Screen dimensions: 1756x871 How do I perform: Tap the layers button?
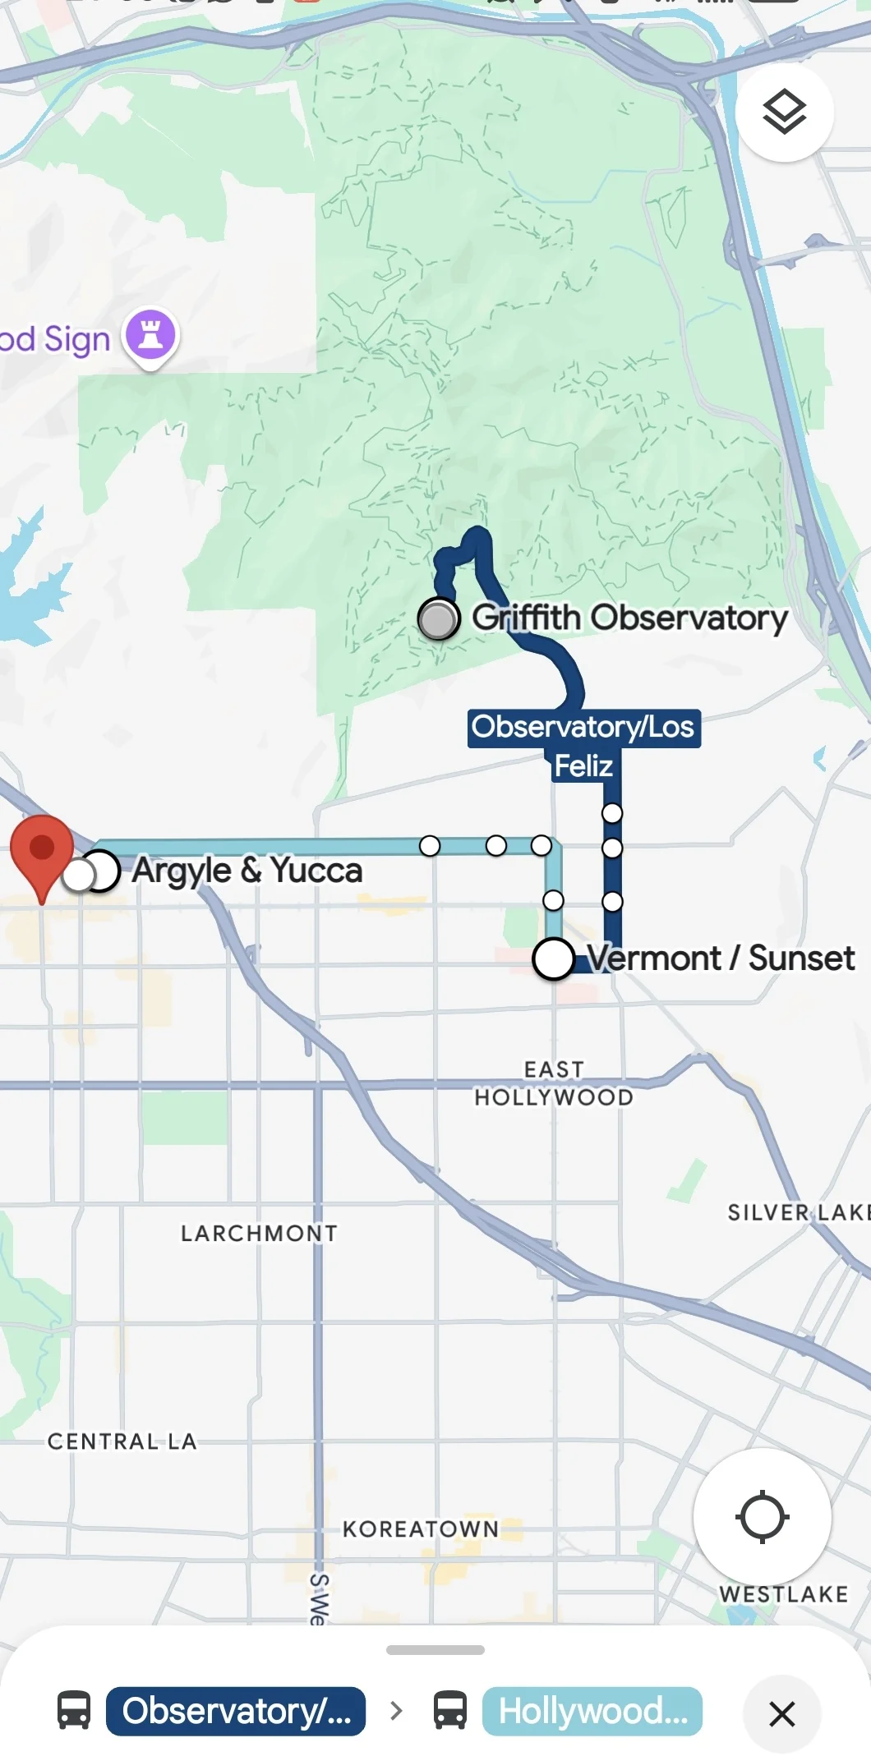784,112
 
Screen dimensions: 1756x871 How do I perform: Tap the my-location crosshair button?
762,1516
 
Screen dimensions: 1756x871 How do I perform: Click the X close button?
781,1713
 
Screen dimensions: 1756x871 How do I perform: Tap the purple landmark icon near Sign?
150,335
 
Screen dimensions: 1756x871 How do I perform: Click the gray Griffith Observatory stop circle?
439,619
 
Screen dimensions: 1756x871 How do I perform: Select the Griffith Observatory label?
629,618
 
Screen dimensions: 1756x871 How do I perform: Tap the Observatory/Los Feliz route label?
583,745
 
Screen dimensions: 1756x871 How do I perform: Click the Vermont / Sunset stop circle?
553,958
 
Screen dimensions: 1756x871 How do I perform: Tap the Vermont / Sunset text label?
720,958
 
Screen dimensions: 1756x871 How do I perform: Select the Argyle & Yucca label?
247,871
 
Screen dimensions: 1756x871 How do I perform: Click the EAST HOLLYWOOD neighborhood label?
554,1083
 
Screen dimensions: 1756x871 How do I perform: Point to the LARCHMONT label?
259,1233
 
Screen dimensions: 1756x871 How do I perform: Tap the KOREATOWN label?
421,1528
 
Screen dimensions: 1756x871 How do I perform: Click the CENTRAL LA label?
122,1441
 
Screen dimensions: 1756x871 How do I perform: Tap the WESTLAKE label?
783,1594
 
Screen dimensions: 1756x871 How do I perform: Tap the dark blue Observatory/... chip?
236,1712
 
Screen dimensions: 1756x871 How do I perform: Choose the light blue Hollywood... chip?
592,1712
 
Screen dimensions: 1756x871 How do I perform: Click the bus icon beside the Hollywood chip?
450,1712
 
